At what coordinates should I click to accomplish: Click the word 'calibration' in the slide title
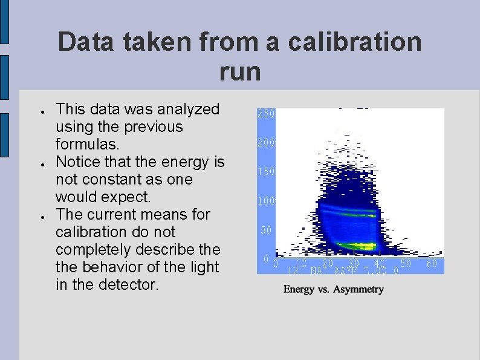[355, 42]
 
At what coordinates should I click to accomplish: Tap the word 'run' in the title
[240, 72]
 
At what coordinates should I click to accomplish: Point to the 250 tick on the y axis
[266, 114]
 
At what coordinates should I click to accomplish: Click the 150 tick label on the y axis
[266, 172]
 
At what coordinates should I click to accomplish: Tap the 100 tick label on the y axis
[266, 200]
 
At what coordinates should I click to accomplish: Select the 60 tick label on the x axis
[432, 264]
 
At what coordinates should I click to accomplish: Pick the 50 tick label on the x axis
[405, 264]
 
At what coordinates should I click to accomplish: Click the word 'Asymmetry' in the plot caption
[357, 289]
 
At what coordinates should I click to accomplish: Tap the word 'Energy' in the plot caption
[300, 289]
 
